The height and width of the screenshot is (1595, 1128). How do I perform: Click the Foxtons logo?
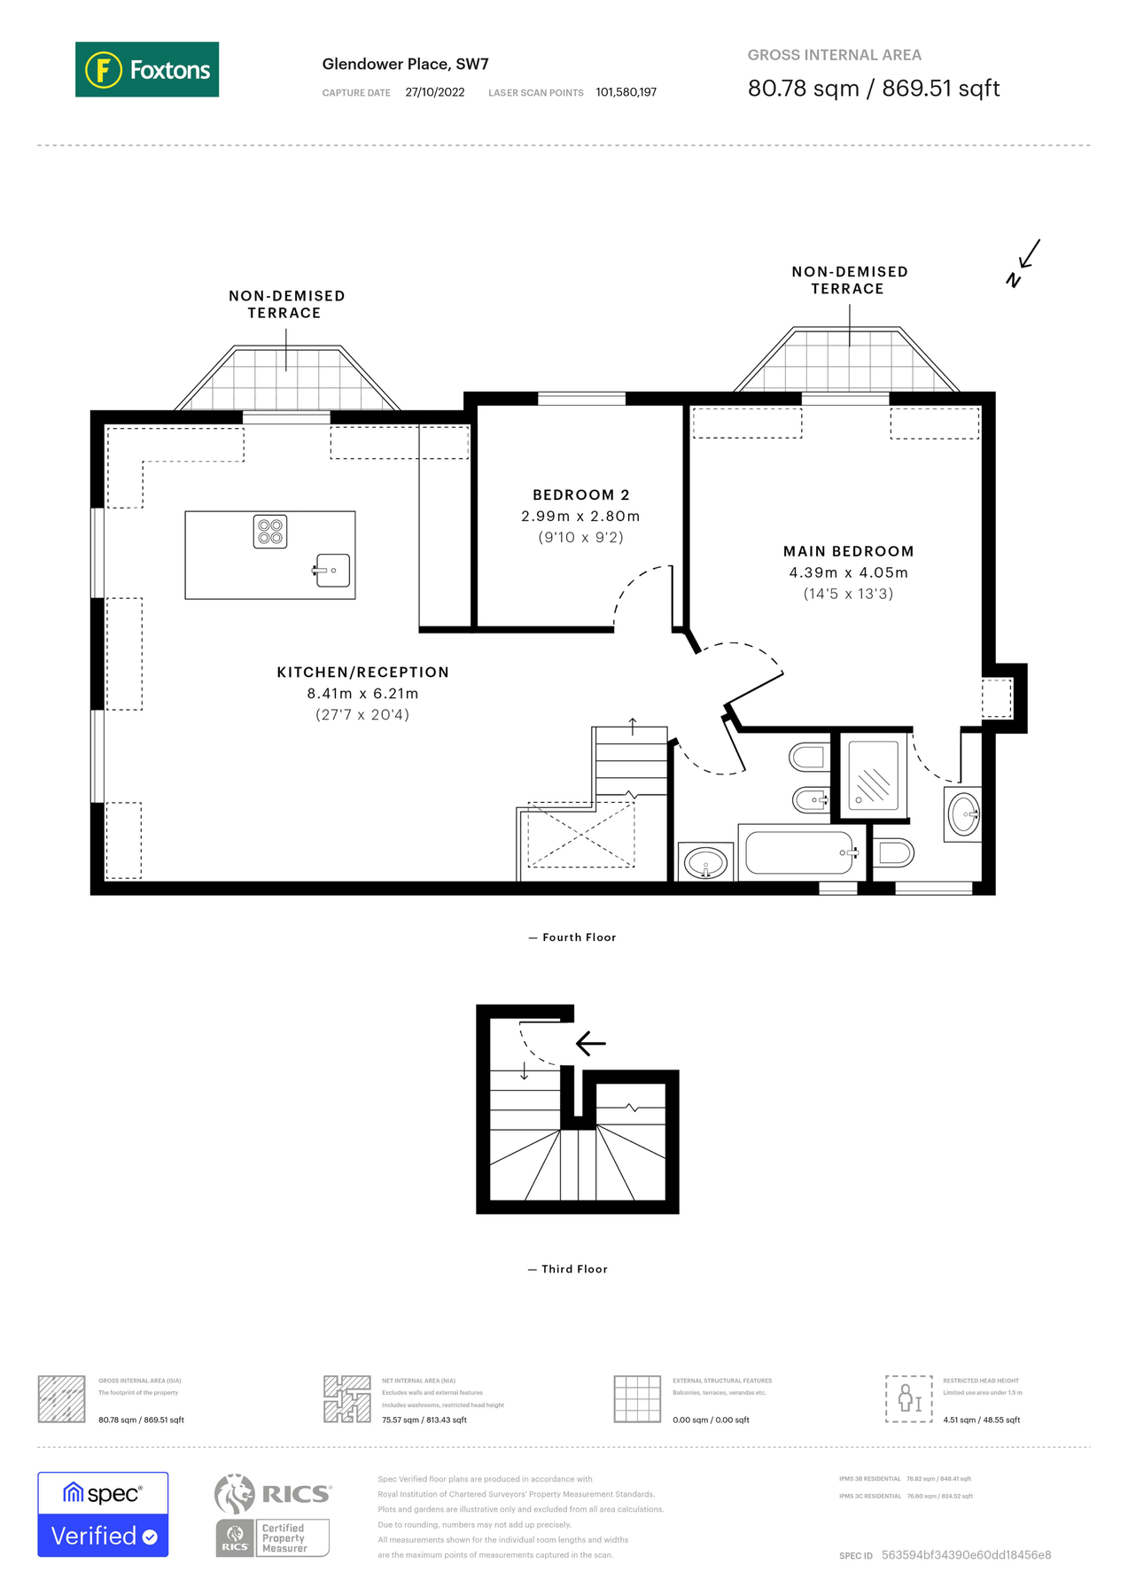pos(147,69)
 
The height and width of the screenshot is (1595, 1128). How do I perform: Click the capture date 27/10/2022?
pos(434,92)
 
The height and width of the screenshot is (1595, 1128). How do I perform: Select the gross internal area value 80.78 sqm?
pos(803,89)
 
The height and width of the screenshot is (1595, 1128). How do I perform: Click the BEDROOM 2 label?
pos(580,495)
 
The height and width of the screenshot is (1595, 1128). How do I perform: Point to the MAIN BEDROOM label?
pos(848,551)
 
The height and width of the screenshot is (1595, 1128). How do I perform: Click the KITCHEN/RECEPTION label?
pos(362,673)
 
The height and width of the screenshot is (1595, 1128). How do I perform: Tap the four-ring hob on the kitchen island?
pos(270,532)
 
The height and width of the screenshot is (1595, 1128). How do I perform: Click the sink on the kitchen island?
pos(332,571)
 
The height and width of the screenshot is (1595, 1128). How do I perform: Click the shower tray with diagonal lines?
pos(873,775)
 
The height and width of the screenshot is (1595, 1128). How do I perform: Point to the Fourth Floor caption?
pos(578,938)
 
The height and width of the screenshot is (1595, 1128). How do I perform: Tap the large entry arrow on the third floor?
pos(591,1043)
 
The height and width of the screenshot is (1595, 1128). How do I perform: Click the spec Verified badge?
pos(103,1514)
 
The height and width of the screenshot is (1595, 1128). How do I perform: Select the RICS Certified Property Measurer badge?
pos(273,1516)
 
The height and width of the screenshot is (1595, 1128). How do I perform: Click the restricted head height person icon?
pos(908,1399)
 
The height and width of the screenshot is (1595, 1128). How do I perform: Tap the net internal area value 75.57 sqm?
pos(424,1420)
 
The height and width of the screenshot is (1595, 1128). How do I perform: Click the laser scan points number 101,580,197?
pos(626,92)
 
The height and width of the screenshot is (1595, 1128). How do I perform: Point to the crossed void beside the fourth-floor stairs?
pos(581,835)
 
